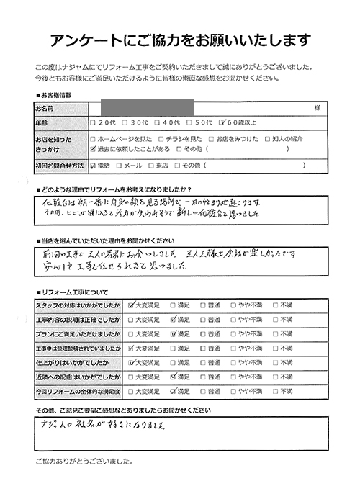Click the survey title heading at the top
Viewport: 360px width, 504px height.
click(180, 38)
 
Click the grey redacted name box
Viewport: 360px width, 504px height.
click(148, 107)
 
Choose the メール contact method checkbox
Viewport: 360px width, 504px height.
click(120, 166)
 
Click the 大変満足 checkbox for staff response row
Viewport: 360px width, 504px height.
click(131, 305)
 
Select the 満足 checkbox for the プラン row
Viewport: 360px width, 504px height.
click(173, 333)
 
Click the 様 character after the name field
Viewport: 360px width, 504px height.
click(316, 108)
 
